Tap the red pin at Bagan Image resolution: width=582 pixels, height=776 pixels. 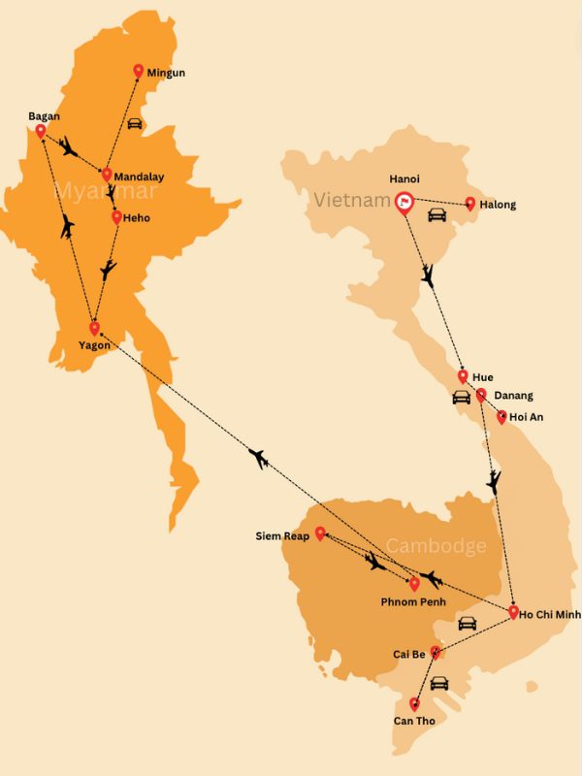tap(41, 132)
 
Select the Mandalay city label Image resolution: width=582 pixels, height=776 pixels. tap(139, 178)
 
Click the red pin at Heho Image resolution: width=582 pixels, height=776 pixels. tap(117, 217)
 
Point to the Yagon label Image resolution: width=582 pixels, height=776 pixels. tap(95, 345)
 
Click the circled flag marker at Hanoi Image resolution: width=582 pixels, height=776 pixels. tap(403, 203)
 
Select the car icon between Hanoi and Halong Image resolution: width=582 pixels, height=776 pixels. tap(437, 214)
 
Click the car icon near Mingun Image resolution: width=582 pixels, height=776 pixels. tap(135, 123)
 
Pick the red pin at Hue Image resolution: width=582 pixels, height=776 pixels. tap(464, 376)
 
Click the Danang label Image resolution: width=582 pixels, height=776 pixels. tap(513, 396)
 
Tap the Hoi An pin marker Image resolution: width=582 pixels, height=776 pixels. tap(501, 417)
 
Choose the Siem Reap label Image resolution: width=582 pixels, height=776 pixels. tap(282, 535)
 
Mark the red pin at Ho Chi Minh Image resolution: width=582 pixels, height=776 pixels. tap(513, 612)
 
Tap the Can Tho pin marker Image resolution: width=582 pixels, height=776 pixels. tap(415, 704)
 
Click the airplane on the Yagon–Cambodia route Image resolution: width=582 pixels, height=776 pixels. tap(258, 457)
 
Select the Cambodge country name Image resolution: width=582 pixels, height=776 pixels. tap(436, 547)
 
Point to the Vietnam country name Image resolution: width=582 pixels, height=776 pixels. tap(344, 200)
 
